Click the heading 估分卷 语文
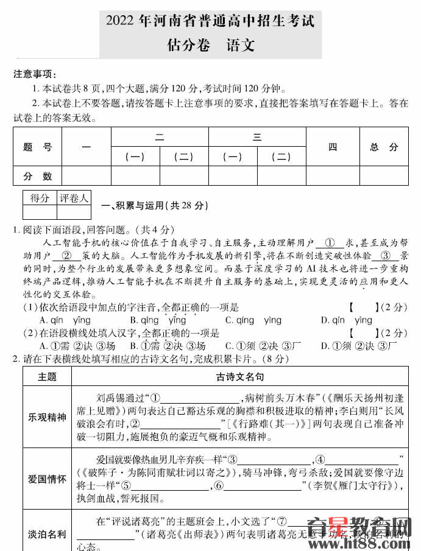point(210,44)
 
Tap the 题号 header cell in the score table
point(37,147)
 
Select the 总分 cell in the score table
point(383,147)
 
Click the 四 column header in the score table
point(332,147)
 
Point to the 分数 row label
point(37,176)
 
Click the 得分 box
point(40,198)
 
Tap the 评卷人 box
point(74,198)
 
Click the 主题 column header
point(47,377)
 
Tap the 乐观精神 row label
point(47,417)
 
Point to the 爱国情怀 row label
point(47,479)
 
